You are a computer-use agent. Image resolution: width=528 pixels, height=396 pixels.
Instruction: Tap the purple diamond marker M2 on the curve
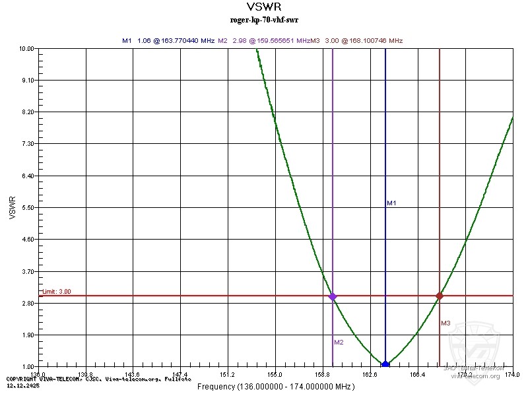click(333, 297)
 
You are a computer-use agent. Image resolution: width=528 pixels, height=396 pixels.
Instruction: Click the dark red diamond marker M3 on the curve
click(440, 296)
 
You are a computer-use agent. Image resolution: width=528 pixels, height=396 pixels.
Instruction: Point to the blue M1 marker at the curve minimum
click(385, 364)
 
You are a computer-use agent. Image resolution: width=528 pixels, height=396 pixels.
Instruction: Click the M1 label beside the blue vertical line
click(391, 203)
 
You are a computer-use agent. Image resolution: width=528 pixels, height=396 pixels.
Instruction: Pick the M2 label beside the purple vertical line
click(339, 342)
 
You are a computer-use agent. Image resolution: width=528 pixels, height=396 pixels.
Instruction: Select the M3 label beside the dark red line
click(445, 323)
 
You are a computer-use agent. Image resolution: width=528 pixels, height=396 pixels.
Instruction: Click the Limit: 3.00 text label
click(57, 291)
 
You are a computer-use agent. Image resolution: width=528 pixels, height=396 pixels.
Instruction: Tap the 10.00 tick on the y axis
click(27, 49)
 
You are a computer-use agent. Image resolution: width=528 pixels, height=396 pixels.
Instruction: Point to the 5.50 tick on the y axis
click(28, 208)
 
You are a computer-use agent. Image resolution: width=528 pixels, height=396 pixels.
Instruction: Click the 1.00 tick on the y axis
click(28, 367)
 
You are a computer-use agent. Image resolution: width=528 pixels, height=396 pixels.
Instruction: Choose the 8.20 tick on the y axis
click(28, 112)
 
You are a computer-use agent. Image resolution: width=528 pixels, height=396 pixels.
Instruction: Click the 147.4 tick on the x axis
click(181, 374)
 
